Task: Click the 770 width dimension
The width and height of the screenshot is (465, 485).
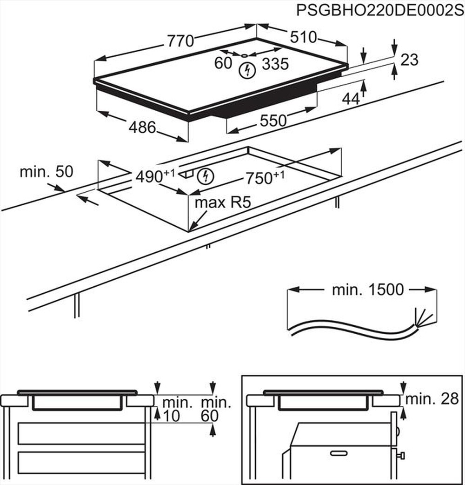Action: point(180,41)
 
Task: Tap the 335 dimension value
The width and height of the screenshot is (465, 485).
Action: point(275,64)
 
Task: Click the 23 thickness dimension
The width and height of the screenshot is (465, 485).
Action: point(409,60)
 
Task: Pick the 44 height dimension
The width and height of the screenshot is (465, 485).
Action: point(351,98)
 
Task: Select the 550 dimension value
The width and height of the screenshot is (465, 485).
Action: point(273,121)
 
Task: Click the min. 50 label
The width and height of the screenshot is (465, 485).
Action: point(46,172)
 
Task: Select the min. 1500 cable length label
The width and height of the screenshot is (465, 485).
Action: point(361,290)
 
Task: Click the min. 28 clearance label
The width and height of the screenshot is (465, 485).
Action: point(432,398)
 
